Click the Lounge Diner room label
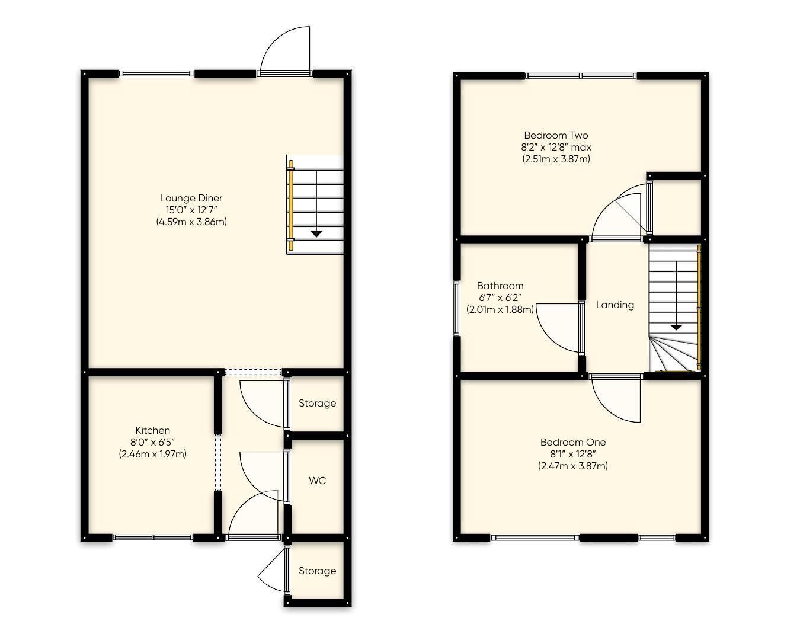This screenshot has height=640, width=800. (191, 198)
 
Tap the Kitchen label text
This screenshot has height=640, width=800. (153, 430)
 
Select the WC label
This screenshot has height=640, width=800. (317, 481)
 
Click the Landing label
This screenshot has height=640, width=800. (615, 305)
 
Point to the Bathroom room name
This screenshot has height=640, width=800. (500, 286)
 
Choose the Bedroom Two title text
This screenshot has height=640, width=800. (556, 135)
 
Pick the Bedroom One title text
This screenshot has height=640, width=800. (572, 442)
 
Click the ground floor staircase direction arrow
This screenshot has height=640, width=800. (316, 233)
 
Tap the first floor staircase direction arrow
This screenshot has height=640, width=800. (676, 327)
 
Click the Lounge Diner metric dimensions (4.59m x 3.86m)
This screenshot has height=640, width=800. (191, 222)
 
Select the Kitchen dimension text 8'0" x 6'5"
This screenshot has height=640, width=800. (153, 442)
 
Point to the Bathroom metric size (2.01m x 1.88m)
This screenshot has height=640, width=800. (500, 309)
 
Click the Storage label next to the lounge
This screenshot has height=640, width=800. (317, 403)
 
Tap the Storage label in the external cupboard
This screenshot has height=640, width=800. (317, 571)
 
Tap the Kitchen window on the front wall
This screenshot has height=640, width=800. (153, 537)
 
